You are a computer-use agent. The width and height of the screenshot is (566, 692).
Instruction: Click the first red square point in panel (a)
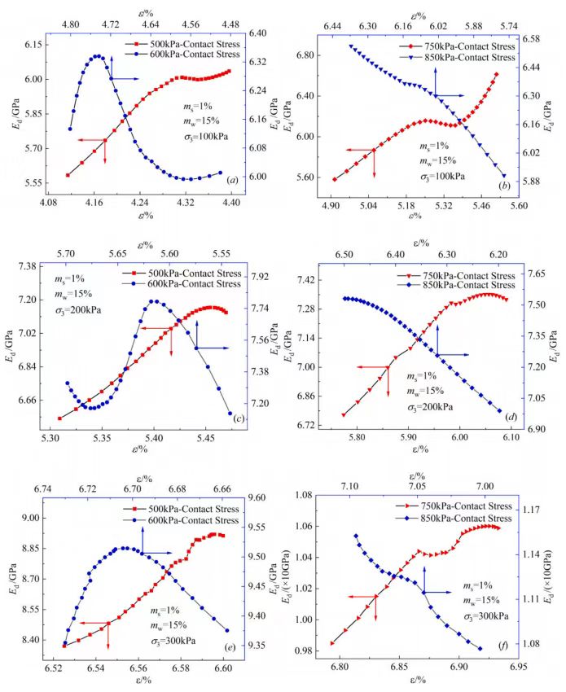68,175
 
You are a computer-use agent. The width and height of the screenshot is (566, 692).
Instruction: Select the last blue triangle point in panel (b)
502,176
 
